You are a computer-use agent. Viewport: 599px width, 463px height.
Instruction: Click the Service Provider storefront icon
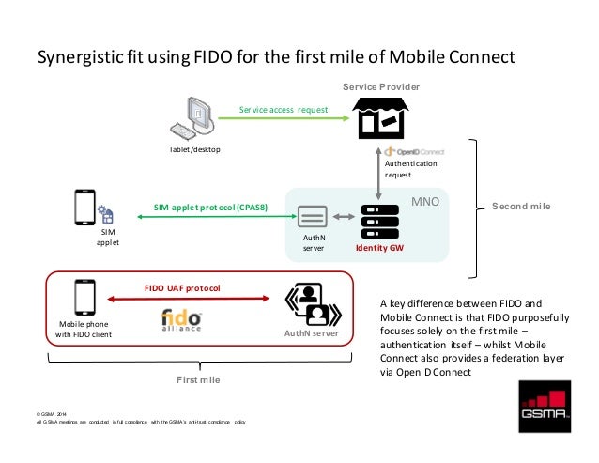click(377, 120)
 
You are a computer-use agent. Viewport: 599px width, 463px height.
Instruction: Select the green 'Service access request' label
click(283, 110)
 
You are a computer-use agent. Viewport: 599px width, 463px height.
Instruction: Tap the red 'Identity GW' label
click(378, 250)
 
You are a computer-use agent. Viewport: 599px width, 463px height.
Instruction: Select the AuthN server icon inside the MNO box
click(313, 219)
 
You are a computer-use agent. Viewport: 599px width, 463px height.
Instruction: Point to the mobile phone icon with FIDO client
click(84, 298)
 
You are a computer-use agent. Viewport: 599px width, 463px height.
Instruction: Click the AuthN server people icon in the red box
click(310, 302)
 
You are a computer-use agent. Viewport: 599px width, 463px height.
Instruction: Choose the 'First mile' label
click(201, 379)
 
